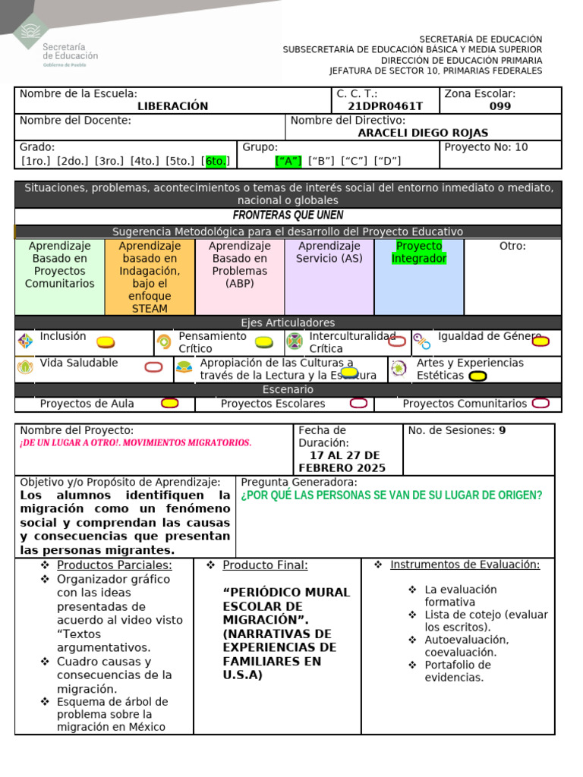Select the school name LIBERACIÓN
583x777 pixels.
point(172,106)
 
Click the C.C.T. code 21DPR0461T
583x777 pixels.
point(385,106)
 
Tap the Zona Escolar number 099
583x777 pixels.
point(500,106)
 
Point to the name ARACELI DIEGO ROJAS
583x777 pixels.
point(423,133)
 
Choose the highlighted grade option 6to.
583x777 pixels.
point(216,161)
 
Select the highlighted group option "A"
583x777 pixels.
point(288,161)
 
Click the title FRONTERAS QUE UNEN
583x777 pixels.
point(288,215)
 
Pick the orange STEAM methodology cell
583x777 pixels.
point(150,277)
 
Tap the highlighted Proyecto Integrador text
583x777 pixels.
point(419,253)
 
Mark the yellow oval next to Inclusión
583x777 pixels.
point(106,342)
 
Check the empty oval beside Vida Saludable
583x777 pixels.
point(153,367)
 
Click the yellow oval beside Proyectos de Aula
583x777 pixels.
point(170,403)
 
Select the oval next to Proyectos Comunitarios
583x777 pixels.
point(540,403)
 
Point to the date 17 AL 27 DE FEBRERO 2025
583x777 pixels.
point(342,461)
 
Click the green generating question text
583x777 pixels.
point(391,495)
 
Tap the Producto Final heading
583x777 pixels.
point(265,565)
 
